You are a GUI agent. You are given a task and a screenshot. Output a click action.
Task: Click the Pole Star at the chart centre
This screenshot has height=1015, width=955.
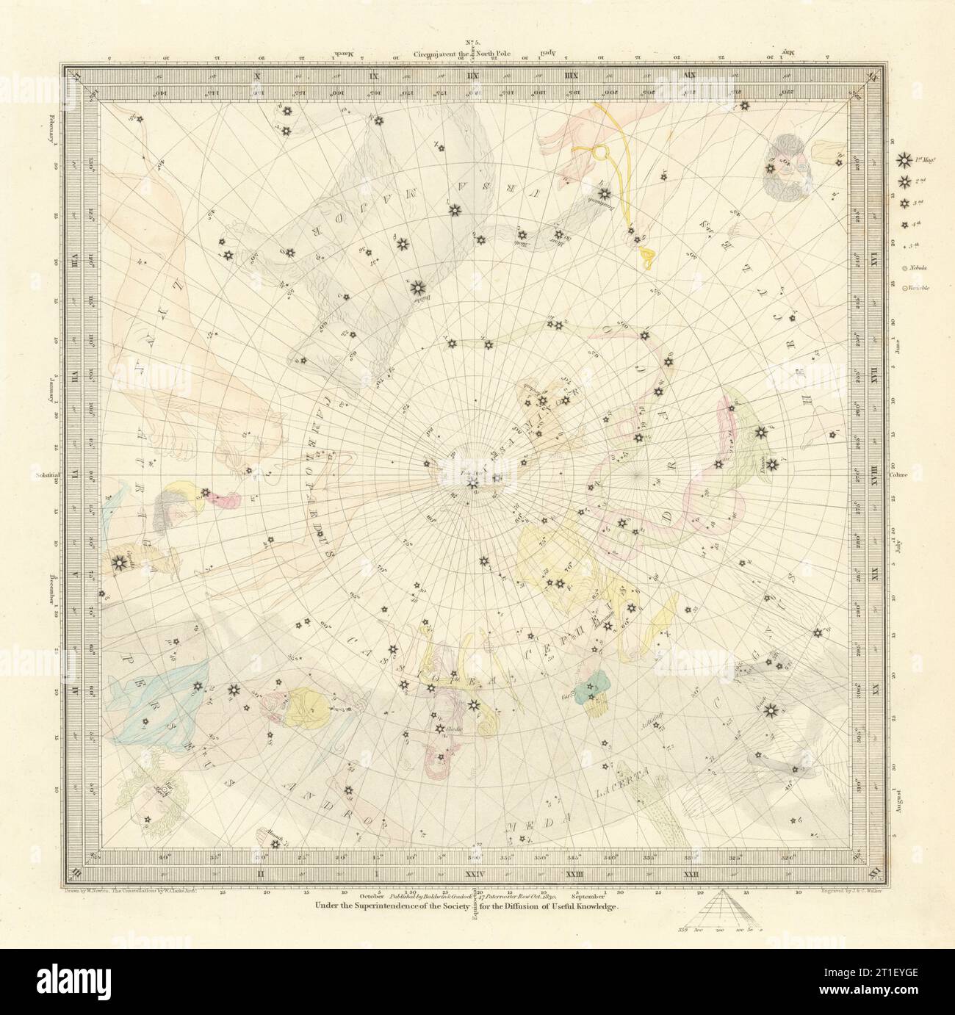pos(474,483)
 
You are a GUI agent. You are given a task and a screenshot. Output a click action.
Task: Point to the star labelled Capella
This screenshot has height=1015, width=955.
pos(117,563)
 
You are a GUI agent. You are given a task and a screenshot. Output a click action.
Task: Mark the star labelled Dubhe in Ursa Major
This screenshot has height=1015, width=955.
pos(418,287)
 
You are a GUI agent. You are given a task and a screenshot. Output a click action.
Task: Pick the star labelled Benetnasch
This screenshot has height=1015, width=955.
pos(604,194)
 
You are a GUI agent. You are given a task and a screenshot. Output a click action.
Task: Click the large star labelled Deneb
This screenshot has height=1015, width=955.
pos(770,709)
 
